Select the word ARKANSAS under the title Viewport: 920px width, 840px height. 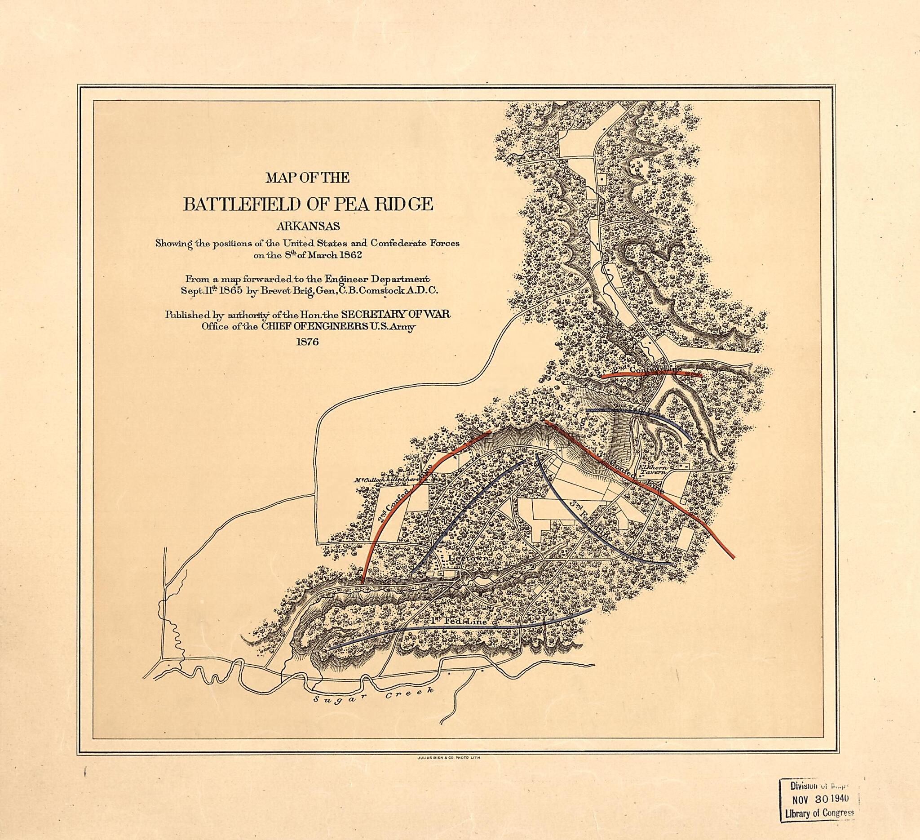click(x=308, y=227)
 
